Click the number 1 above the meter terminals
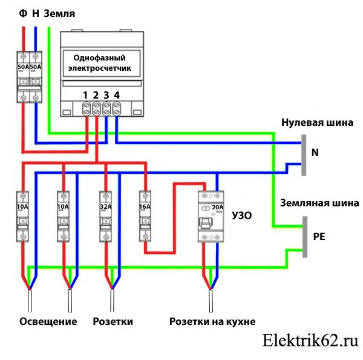click(86, 94)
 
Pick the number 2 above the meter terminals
click(96, 94)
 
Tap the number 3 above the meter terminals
click(106, 94)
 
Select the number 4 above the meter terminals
click(116, 94)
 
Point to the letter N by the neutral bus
click(315, 153)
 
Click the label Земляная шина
click(318, 203)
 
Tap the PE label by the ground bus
click(319, 237)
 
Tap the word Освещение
click(48, 321)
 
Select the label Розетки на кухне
click(212, 321)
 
